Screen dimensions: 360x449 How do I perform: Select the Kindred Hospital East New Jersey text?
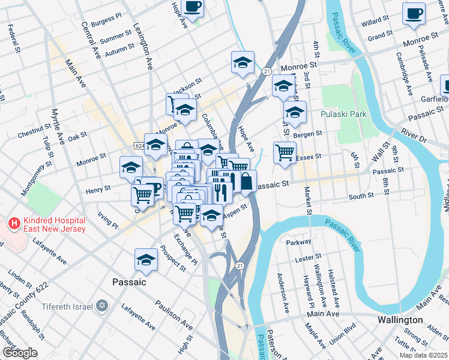pos(53,223)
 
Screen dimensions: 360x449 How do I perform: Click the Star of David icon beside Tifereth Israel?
pos(101,307)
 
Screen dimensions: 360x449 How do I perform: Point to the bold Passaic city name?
pos(130,281)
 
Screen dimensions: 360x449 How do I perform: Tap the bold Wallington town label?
pos(400,320)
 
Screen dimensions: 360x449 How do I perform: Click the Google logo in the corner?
pos(20,353)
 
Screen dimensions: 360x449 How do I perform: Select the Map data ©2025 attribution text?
pos(423,355)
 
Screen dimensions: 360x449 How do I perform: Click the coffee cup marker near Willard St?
pos(413,13)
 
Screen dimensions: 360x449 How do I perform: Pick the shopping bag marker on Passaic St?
pos(246,181)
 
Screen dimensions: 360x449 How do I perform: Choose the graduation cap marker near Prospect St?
pos(145,259)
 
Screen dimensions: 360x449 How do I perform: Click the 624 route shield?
pos(139,146)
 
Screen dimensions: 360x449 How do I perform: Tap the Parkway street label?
pos(300,242)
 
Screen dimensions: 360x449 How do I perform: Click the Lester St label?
pos(309,259)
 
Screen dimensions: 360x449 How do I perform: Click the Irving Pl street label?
pos(109,223)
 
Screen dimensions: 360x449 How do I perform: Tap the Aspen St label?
pos(236,209)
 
